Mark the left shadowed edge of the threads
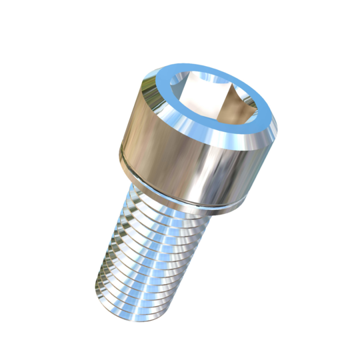[107, 267]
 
